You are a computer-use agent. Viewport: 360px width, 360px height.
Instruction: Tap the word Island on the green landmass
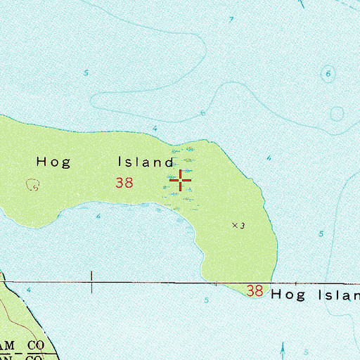[145, 162]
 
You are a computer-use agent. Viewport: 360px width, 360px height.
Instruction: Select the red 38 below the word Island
[124, 184]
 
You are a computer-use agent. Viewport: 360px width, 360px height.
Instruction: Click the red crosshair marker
[181, 181]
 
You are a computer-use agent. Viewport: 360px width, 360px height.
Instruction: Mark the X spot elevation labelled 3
[235, 225]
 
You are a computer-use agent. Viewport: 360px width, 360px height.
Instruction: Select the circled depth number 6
[328, 73]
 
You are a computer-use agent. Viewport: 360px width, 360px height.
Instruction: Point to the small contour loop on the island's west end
[32, 185]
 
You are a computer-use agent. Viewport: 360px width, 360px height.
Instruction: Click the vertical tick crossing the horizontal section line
[91, 283]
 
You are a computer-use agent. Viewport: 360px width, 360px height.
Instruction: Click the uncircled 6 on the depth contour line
[203, 112]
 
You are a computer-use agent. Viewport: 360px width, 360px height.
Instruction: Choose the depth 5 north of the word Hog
[86, 73]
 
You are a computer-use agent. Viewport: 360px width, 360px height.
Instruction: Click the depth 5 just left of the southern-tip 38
[206, 300]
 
